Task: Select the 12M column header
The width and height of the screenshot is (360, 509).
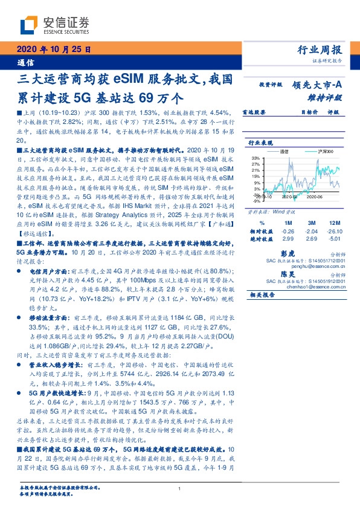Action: [x=334, y=222]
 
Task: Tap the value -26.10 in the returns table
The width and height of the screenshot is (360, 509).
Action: [x=334, y=232]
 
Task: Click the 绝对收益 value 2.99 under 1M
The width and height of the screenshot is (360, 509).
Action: [x=288, y=239]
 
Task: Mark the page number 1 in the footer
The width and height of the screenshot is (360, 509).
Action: [x=180, y=490]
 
